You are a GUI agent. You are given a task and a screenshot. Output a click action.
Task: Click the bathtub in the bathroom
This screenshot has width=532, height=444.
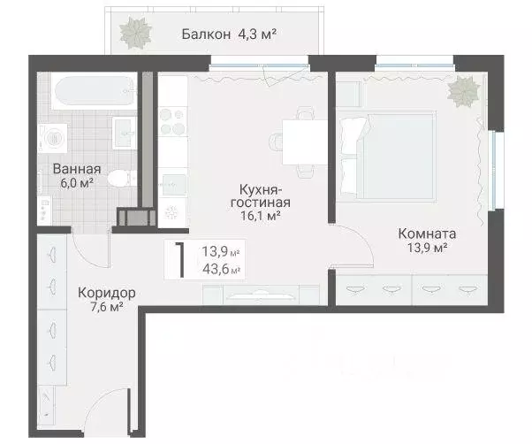(x=93, y=92)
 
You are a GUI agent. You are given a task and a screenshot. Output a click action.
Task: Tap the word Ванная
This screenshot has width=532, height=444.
(x=75, y=169)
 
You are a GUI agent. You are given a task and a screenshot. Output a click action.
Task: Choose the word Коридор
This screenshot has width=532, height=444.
(x=105, y=293)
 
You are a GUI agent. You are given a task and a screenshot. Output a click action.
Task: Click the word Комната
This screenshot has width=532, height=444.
(x=427, y=234)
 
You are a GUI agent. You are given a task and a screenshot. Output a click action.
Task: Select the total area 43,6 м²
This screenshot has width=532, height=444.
(x=222, y=270)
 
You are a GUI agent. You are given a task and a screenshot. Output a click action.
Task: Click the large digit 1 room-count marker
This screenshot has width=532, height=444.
(x=179, y=259)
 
